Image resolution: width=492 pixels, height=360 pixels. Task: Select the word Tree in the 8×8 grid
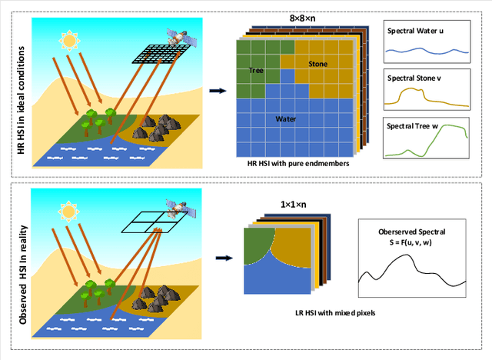258,71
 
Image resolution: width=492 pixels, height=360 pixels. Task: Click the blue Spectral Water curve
425,54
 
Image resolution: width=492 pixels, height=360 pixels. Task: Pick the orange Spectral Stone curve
425,96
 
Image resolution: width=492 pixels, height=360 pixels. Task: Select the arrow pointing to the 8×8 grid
218,91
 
